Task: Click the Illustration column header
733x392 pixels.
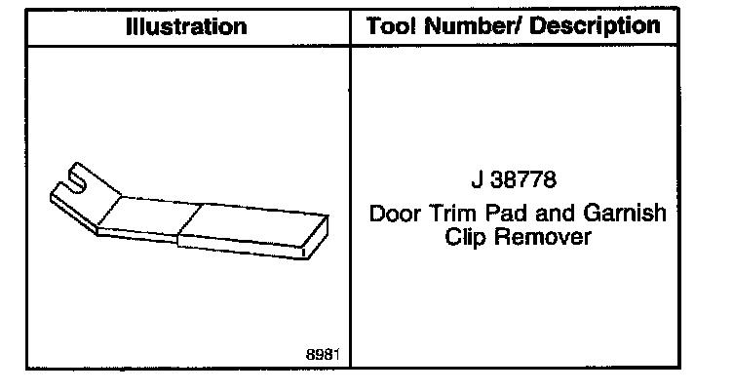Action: (186, 27)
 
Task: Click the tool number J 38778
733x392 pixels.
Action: (518, 182)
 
